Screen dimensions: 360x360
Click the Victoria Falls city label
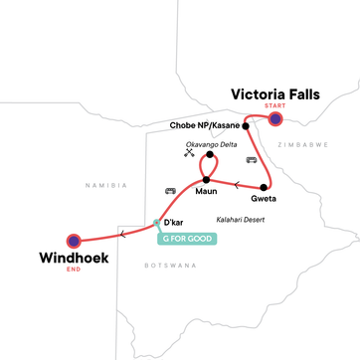(x=276, y=94)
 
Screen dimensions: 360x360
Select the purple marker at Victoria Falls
(x=275, y=120)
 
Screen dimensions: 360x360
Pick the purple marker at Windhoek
(x=73, y=241)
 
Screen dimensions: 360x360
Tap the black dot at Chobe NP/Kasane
(x=246, y=126)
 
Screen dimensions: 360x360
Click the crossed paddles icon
(x=189, y=154)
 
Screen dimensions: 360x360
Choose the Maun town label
(x=207, y=191)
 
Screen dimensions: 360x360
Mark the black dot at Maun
(x=206, y=179)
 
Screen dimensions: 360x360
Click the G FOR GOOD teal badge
(x=187, y=239)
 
